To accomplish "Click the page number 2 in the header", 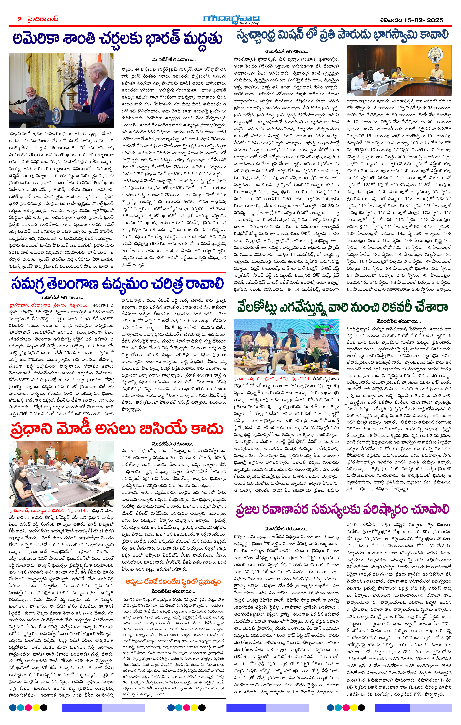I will [x=20, y=19].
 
